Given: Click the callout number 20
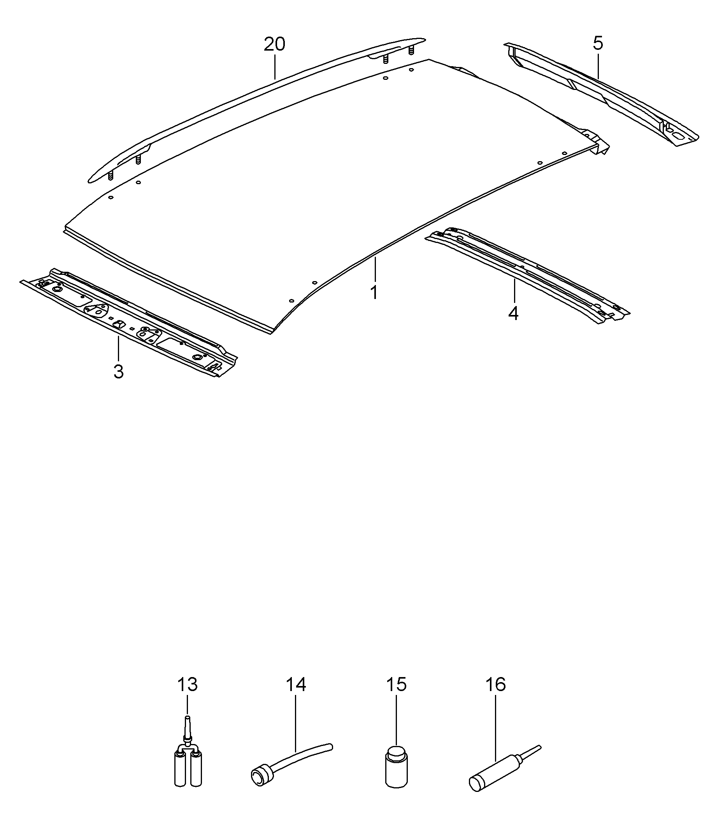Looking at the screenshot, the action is click(274, 44).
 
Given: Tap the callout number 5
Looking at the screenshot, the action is click(598, 43).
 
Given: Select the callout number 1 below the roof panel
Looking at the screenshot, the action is click(374, 293).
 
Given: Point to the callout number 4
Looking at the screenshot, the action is click(513, 313).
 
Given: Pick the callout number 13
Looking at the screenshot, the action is click(188, 684).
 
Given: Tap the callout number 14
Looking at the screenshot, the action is click(296, 684).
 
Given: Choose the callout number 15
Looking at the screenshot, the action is click(396, 684).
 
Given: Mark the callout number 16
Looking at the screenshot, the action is click(495, 684).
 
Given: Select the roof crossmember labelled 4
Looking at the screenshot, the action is click(527, 274).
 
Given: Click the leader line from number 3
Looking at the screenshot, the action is click(118, 349).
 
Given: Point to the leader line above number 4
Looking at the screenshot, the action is click(514, 291).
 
